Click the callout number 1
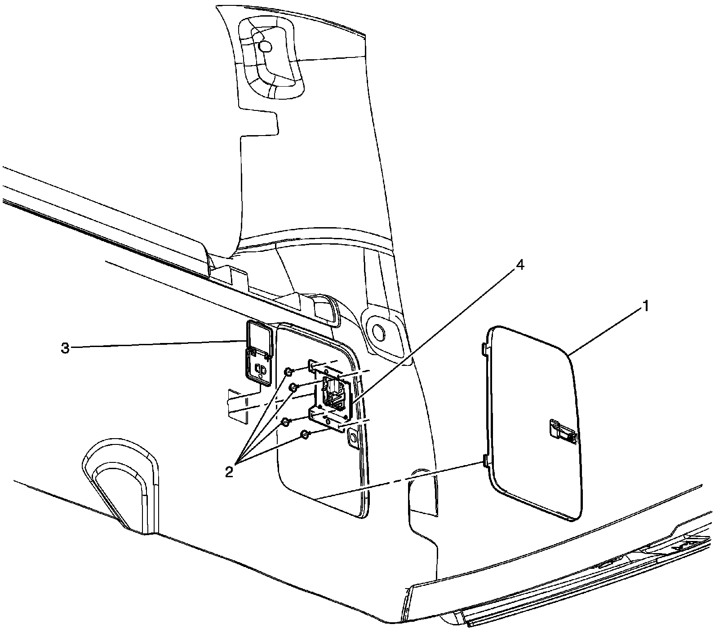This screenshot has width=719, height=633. [645, 307]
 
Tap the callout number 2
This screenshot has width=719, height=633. [229, 471]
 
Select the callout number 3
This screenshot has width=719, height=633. [66, 348]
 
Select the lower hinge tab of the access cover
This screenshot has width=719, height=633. [485, 460]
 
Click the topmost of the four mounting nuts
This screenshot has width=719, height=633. [289, 371]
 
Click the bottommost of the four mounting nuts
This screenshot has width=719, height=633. [304, 434]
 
